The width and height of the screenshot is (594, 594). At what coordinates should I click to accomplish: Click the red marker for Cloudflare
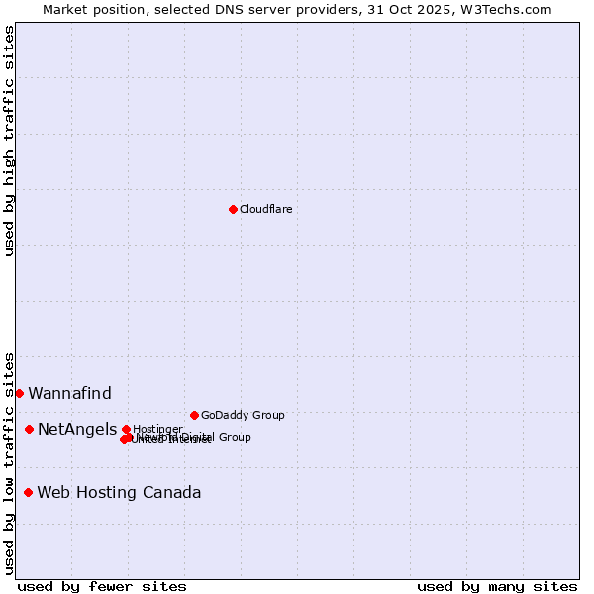233,209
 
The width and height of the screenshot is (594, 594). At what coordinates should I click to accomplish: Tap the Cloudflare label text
265,209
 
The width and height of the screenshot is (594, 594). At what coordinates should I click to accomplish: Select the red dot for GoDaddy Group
194,415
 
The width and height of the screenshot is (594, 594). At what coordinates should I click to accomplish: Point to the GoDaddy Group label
243,415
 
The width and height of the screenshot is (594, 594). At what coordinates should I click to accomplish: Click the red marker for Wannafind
19,393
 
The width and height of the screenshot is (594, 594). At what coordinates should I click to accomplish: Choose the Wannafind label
69,393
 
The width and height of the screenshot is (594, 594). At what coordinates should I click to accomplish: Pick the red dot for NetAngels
29,429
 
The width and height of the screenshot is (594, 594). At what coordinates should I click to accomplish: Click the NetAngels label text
76,429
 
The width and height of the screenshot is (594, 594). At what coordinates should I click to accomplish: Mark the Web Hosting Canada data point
28,492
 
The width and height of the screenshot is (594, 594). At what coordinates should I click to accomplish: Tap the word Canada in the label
171,492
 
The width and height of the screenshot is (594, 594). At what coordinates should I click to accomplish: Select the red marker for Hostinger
126,429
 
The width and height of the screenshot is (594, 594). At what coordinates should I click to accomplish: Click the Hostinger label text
158,428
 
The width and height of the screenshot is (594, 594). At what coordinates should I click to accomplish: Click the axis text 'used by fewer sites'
102,586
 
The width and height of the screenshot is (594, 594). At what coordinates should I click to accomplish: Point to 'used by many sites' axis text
497,586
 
